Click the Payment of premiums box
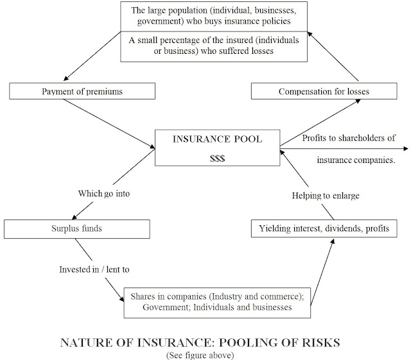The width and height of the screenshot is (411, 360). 82,92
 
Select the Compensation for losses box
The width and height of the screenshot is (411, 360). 322,92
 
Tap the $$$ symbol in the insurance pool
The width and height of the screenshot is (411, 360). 218,158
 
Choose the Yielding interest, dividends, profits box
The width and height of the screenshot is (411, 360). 322,228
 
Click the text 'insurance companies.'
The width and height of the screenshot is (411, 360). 356,159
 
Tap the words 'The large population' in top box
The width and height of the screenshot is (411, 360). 173,10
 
